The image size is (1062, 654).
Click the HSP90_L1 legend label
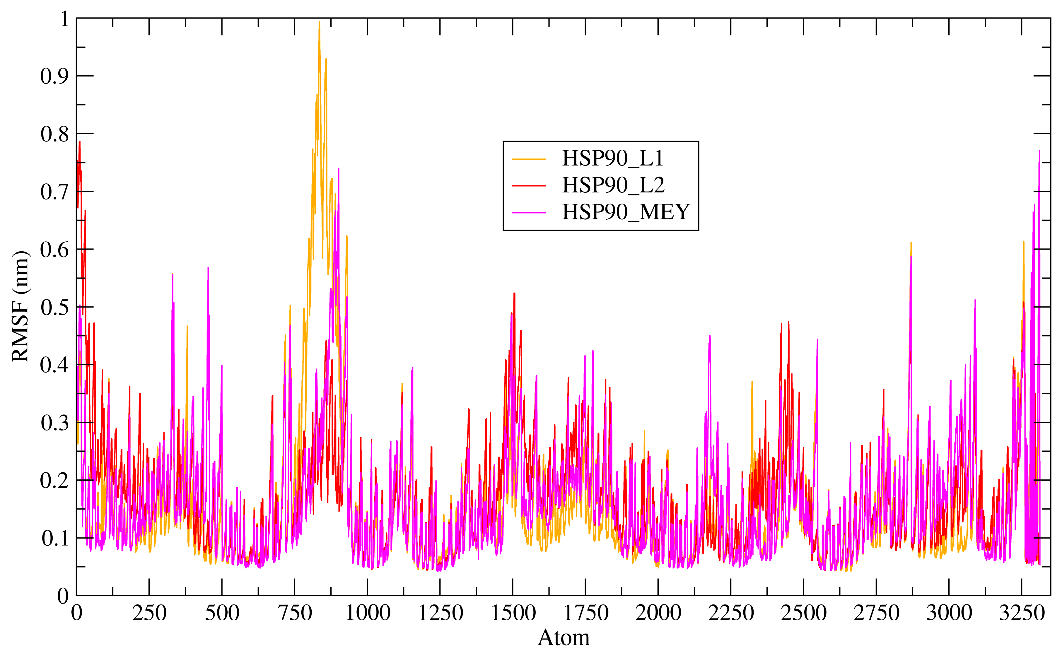612,158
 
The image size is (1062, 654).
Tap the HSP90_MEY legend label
625,212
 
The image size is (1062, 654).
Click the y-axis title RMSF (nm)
20,306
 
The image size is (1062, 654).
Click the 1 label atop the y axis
64,19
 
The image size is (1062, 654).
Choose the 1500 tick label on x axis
513,613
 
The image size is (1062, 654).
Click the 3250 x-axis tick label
1021,613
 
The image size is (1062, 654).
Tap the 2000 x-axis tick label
658,613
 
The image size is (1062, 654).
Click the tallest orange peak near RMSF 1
319,22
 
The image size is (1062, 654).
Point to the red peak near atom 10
80,142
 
